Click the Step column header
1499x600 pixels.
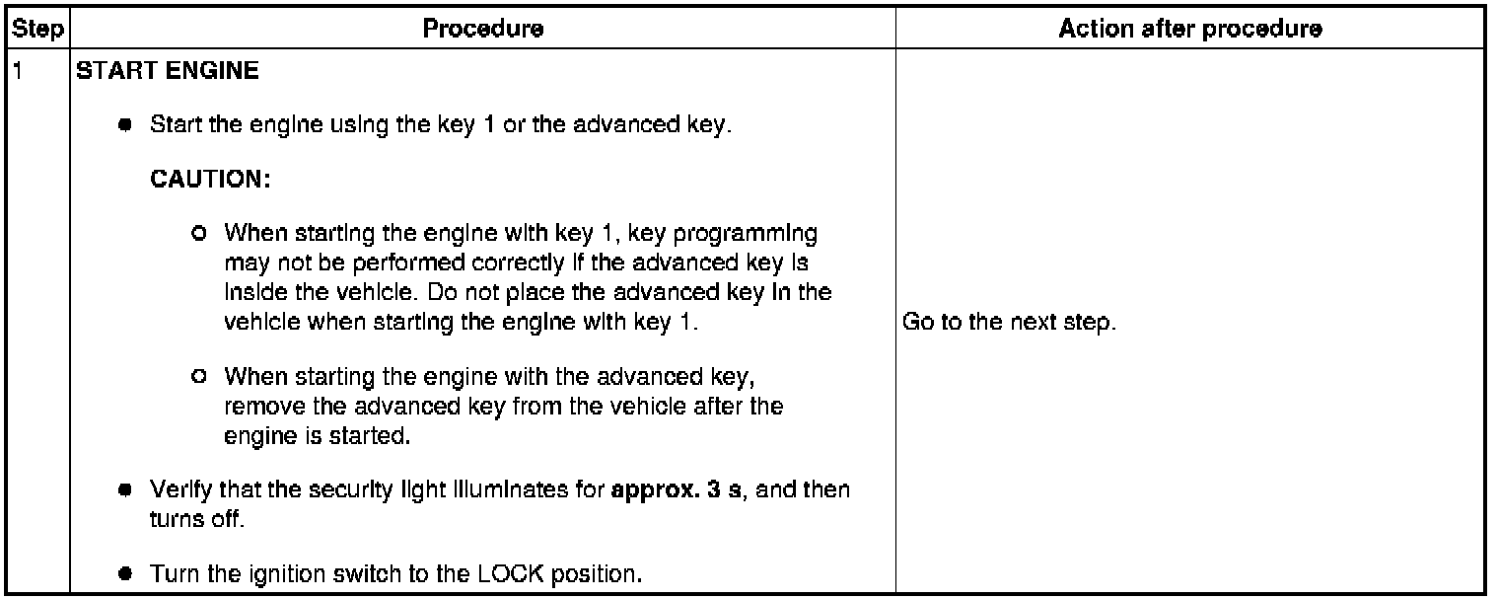36,30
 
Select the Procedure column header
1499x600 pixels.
482,30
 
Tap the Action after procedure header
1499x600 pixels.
1190,30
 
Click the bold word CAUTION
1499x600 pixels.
210,182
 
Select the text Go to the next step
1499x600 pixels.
1009,323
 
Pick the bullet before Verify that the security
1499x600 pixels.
125,490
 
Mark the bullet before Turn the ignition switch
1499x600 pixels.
125,573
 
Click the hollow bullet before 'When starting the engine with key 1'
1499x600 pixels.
200,235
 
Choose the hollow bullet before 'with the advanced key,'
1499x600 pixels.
200,376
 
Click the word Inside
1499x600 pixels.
252,293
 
